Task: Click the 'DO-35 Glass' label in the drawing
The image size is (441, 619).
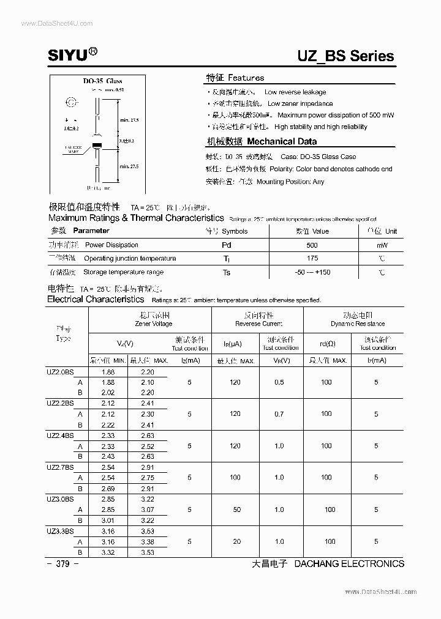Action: point(103,81)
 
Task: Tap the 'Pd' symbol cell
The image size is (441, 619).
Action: point(227,245)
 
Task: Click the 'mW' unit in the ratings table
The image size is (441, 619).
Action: point(382,245)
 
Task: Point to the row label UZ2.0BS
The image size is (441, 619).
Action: point(59,371)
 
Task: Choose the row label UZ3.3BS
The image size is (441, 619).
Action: point(59,530)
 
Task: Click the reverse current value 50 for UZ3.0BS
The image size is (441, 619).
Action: point(236,510)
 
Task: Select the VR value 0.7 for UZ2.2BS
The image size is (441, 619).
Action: point(279,414)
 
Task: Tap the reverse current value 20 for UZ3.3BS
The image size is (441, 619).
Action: point(236,541)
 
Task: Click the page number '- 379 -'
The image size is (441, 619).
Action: point(62,564)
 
